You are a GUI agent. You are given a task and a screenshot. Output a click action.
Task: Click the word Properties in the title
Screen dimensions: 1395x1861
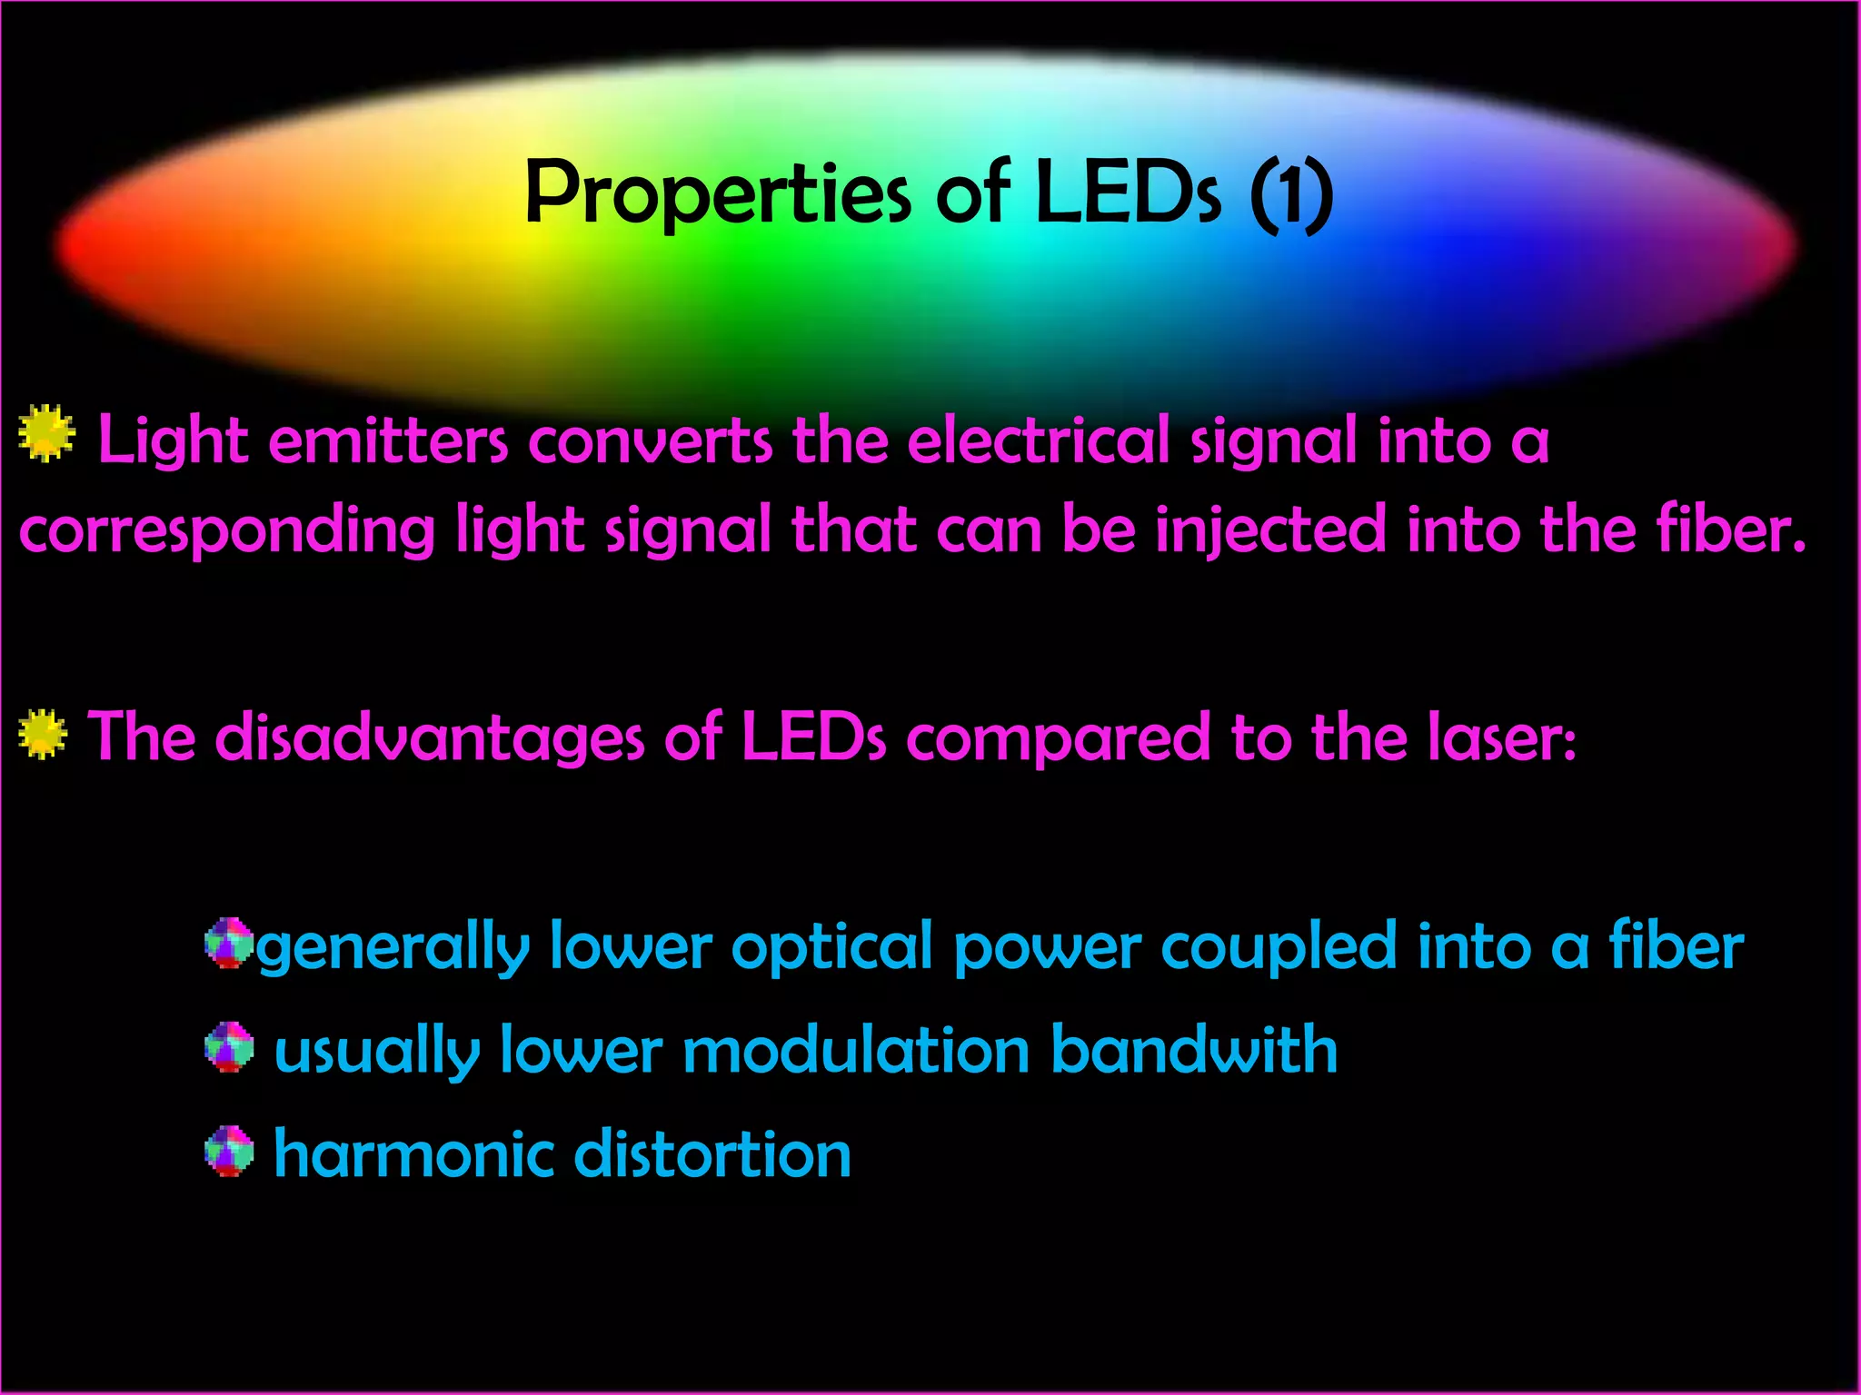718,193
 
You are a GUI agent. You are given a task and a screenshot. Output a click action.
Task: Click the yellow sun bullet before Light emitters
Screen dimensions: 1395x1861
46,433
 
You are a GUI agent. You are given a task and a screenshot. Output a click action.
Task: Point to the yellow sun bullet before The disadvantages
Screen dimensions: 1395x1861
43,734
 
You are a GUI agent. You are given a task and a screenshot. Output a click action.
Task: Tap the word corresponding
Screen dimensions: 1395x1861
227,531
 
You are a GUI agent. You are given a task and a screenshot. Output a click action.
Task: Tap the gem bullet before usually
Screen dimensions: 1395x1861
229,1047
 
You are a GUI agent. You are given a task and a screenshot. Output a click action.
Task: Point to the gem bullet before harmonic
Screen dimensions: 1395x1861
229,1151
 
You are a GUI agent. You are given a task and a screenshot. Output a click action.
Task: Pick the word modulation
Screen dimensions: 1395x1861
856,1050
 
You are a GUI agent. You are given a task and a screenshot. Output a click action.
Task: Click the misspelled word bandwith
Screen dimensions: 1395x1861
1194,1050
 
